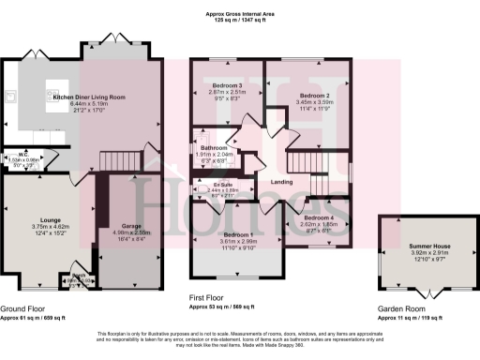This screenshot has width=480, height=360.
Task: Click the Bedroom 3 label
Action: pyautogui.click(x=226, y=86)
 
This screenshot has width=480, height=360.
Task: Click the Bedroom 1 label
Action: pyautogui.click(x=237, y=234)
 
